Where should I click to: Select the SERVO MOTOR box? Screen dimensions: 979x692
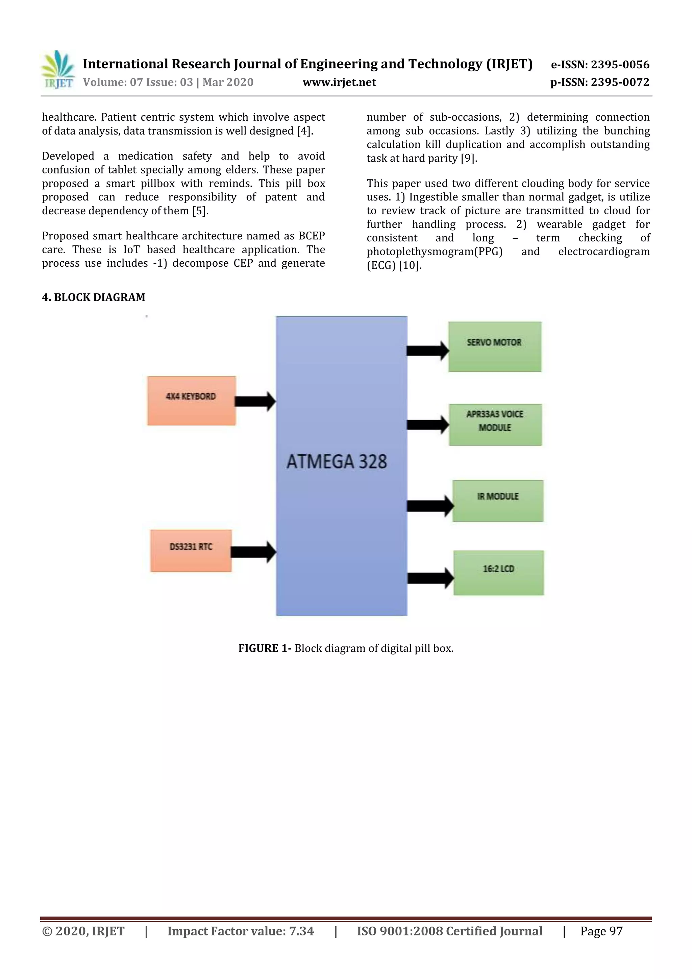pyautogui.click(x=494, y=347)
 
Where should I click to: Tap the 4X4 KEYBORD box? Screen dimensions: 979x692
pyautogui.click(x=191, y=400)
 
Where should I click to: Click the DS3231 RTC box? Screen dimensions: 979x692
pyautogui.click(x=191, y=550)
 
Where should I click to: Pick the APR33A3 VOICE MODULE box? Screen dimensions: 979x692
pyautogui.click(x=495, y=424)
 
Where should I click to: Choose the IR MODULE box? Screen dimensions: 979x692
pyautogui.click(x=498, y=501)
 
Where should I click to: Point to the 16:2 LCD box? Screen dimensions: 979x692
pyautogui.click(x=498, y=573)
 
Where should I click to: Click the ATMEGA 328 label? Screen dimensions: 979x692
pyautogui.click(x=337, y=462)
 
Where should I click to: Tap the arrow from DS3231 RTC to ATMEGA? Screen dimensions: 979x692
pyautogui.click(x=253, y=552)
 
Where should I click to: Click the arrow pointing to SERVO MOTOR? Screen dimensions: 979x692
pyautogui.click(x=427, y=351)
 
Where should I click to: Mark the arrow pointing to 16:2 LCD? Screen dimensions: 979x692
pyautogui.click(x=430, y=578)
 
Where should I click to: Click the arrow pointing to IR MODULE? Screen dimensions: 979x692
pyautogui.click(x=430, y=506)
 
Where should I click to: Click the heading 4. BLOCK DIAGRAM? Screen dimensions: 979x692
pyautogui.click(x=93, y=297)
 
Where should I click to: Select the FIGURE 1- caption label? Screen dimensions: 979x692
pyautogui.click(x=265, y=648)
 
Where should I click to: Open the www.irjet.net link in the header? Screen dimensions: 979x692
pyautogui.click(x=339, y=82)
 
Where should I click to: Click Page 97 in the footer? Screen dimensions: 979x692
pyautogui.click(x=601, y=931)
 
